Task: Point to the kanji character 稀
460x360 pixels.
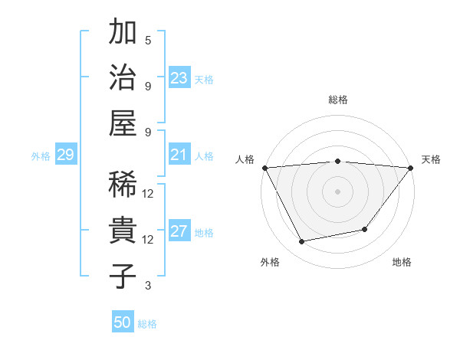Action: click(123, 184)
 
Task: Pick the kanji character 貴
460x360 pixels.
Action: click(123, 230)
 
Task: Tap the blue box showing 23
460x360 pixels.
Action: click(179, 77)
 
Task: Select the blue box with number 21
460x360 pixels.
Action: click(179, 155)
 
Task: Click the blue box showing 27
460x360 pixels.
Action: click(179, 232)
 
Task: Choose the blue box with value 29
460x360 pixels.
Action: click(65, 155)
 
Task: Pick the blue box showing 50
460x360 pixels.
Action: click(123, 322)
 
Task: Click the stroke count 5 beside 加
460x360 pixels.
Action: click(148, 41)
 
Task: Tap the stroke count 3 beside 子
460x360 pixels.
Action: click(148, 286)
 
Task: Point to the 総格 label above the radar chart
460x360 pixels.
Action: click(337, 100)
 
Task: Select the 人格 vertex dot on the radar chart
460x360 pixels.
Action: click(264, 167)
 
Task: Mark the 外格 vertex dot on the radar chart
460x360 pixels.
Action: click(302, 242)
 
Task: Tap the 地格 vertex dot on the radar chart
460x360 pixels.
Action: click(366, 229)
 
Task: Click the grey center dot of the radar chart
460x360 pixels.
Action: click(337, 191)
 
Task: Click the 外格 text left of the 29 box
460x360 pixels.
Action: click(41, 155)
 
